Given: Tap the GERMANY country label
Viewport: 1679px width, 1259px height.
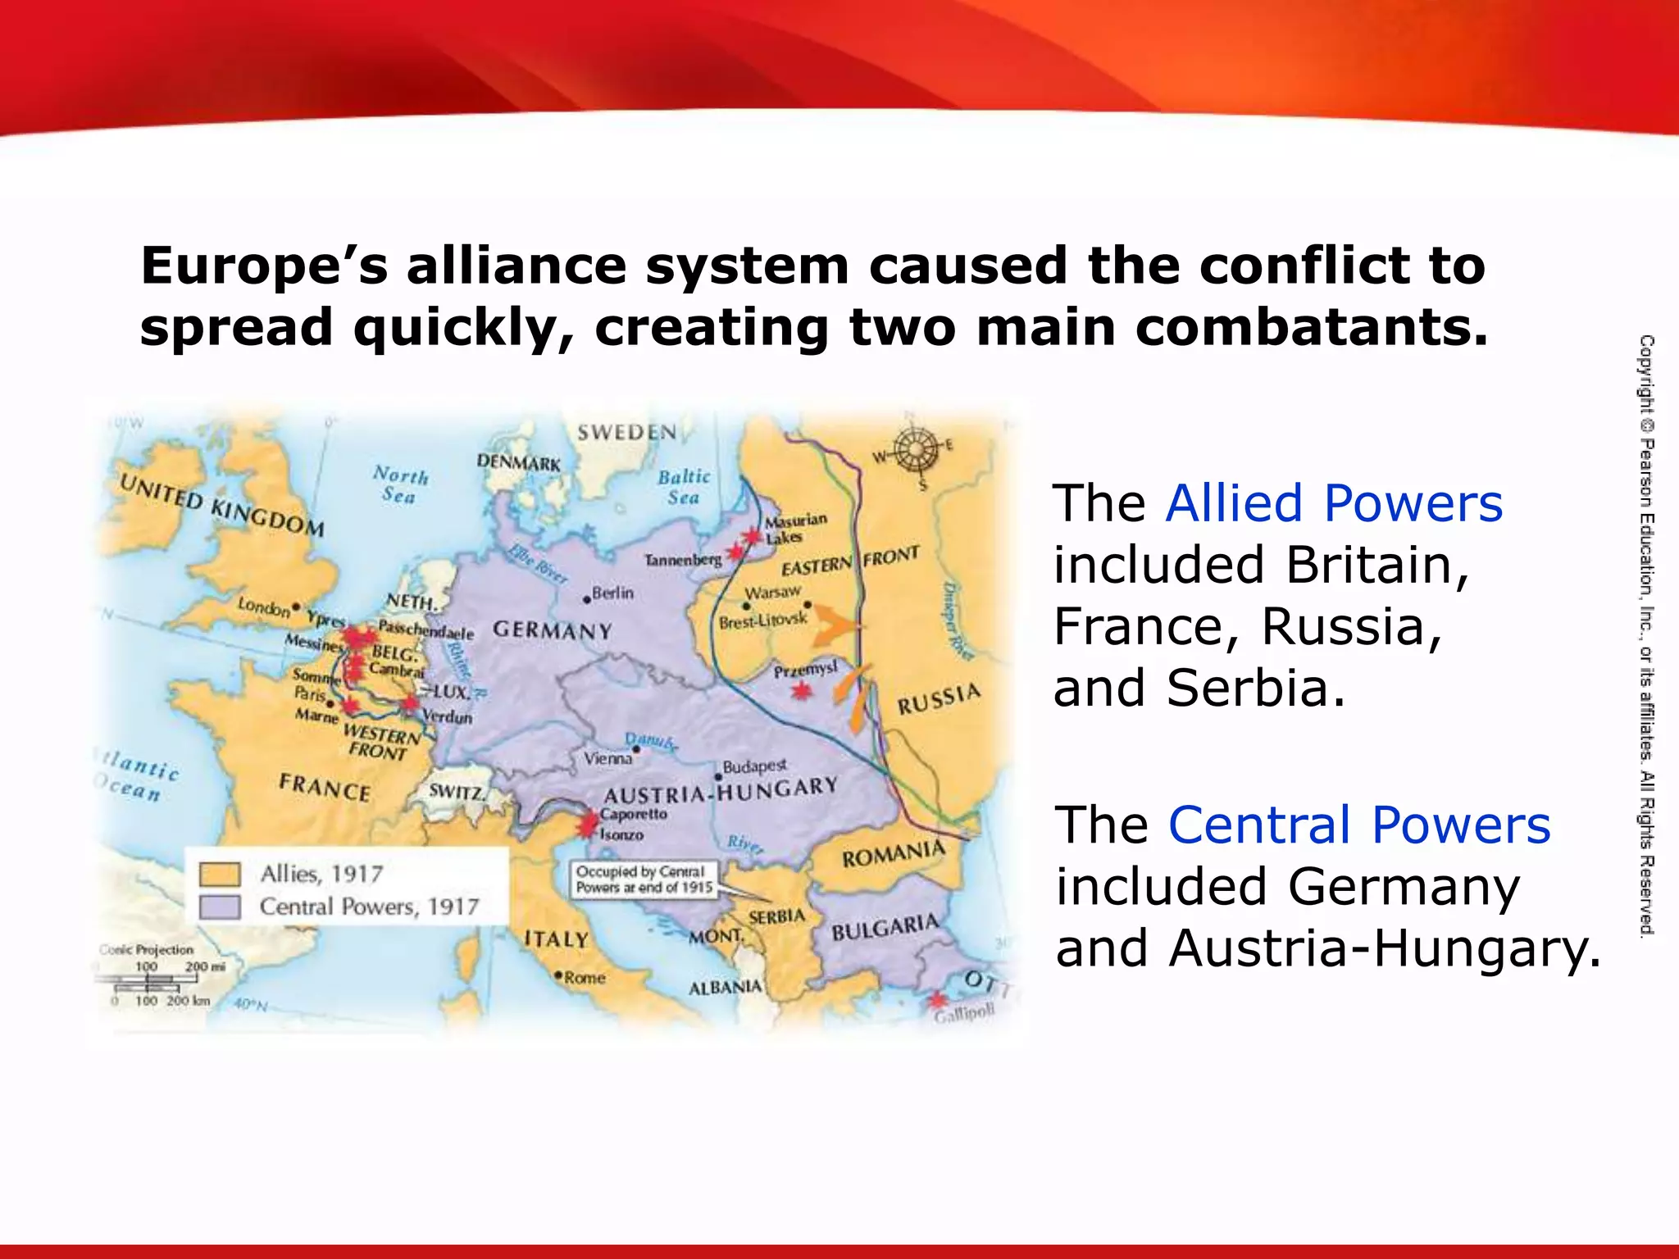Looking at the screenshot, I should (553, 630).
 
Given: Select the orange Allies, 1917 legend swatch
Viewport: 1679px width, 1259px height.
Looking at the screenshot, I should (220, 875).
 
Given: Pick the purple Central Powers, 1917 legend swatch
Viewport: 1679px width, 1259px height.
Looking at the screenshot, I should (220, 907).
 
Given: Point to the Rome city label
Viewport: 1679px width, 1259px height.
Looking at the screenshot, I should (584, 978).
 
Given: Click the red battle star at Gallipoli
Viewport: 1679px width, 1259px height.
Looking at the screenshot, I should (936, 1000).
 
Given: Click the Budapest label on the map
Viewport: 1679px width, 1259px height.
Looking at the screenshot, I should (754, 766).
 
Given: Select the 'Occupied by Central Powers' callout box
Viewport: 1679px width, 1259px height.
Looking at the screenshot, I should (644, 879).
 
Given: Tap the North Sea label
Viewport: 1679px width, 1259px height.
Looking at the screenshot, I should (400, 484).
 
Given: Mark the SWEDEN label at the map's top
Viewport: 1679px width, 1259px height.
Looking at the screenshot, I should (627, 432).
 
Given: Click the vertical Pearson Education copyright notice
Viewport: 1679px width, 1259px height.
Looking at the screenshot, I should (1646, 635).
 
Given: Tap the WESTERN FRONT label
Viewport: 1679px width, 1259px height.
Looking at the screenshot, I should (380, 741).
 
